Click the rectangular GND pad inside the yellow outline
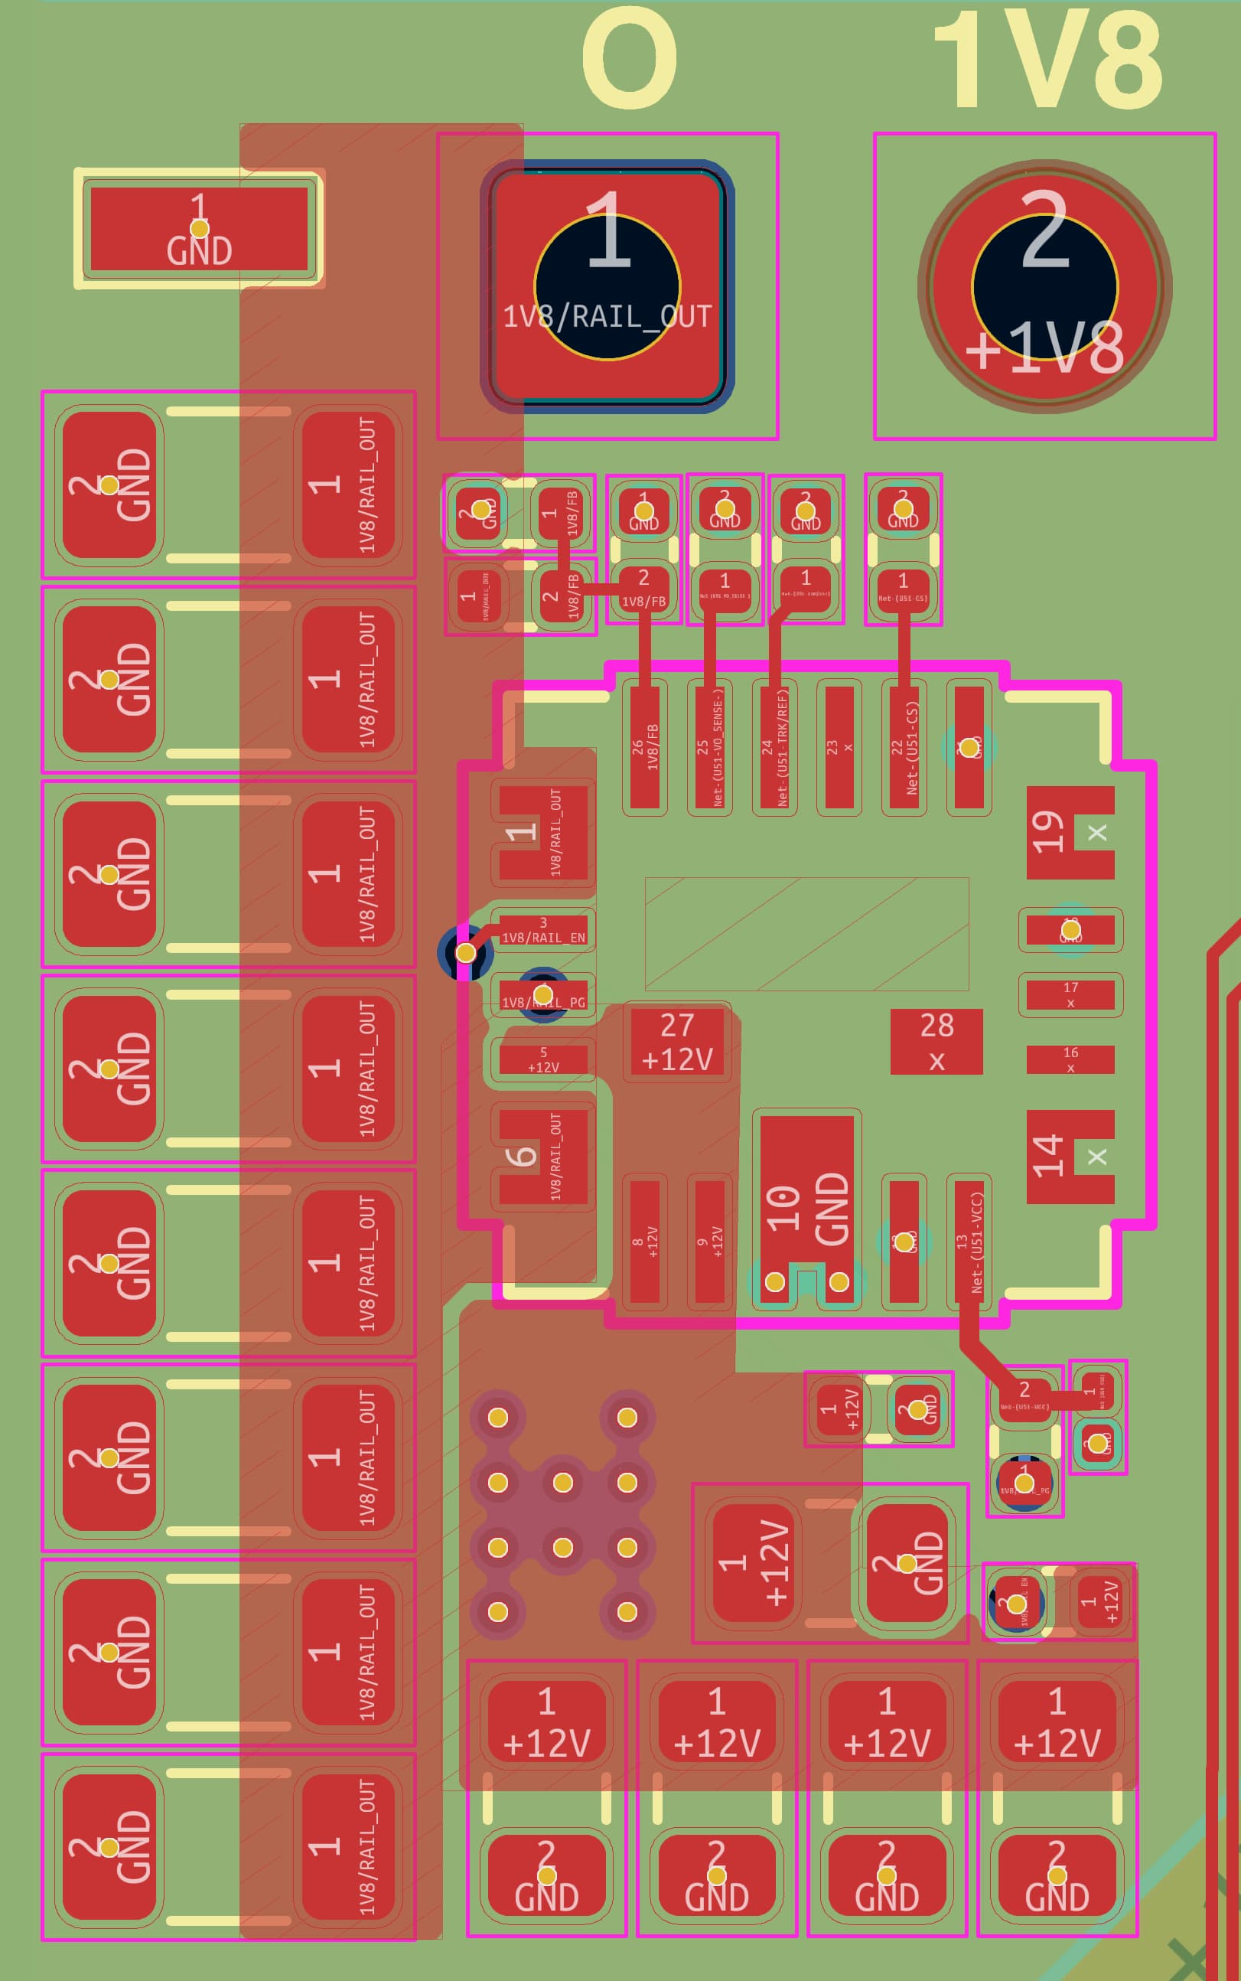pyautogui.click(x=199, y=228)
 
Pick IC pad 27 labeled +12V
pyautogui.click(x=677, y=1042)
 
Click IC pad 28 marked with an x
pyautogui.click(x=936, y=1041)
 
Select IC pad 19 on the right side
pyautogui.click(x=1070, y=831)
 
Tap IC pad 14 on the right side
pyautogui.click(x=1070, y=1156)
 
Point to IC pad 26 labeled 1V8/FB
pyautogui.click(x=645, y=746)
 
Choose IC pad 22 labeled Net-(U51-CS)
pyautogui.click(x=904, y=746)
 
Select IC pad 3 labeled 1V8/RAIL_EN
pyautogui.click(x=543, y=930)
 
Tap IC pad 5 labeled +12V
pyautogui.click(x=543, y=1059)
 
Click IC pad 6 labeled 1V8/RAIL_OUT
pyautogui.click(x=543, y=1156)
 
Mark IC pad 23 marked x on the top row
pyautogui.click(x=839, y=746)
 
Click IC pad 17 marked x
pyautogui.click(x=1070, y=994)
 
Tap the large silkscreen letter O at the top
pyautogui.click(x=630, y=59)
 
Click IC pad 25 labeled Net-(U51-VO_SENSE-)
pyautogui.click(x=710, y=746)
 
